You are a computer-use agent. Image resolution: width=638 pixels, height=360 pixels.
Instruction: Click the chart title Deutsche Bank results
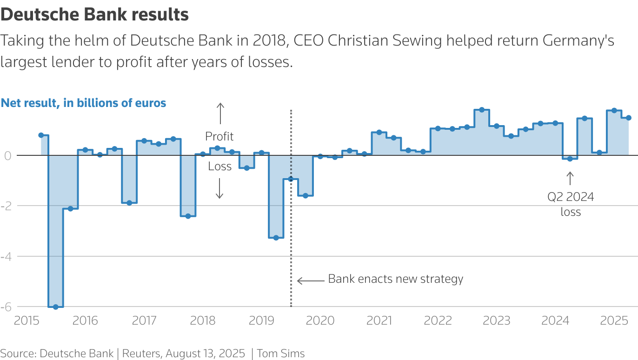pyautogui.click(x=94, y=15)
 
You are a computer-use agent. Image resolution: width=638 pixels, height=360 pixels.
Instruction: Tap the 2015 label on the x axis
pyautogui.click(x=27, y=320)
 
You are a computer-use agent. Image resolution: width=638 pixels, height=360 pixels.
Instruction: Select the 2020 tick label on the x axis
pyautogui.click(x=320, y=320)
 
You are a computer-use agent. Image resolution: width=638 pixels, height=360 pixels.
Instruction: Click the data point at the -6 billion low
pyautogui.click(x=56, y=307)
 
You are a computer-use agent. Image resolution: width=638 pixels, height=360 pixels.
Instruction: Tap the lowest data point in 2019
pyautogui.click(x=276, y=238)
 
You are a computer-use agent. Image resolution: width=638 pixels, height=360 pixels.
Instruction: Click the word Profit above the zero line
pyautogui.click(x=219, y=136)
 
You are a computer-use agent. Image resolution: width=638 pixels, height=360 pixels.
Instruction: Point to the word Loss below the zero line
pyautogui.click(x=219, y=167)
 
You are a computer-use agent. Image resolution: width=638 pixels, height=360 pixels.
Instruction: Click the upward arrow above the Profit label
pyautogui.click(x=220, y=113)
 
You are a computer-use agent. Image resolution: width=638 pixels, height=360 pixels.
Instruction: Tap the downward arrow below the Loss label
pyautogui.click(x=220, y=189)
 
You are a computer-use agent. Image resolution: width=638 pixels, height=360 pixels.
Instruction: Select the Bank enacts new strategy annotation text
pyautogui.click(x=396, y=279)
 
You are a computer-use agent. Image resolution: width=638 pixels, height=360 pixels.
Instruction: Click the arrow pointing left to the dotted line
pyautogui.click(x=311, y=280)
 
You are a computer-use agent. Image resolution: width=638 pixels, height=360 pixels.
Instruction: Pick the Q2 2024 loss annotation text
pyautogui.click(x=571, y=204)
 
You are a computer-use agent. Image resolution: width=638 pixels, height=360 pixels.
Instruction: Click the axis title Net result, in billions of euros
pyautogui.click(x=83, y=103)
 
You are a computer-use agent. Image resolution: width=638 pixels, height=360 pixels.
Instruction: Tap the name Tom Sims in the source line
pyautogui.click(x=281, y=353)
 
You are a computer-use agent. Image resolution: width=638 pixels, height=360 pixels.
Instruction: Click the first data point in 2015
pyautogui.click(x=41, y=135)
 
